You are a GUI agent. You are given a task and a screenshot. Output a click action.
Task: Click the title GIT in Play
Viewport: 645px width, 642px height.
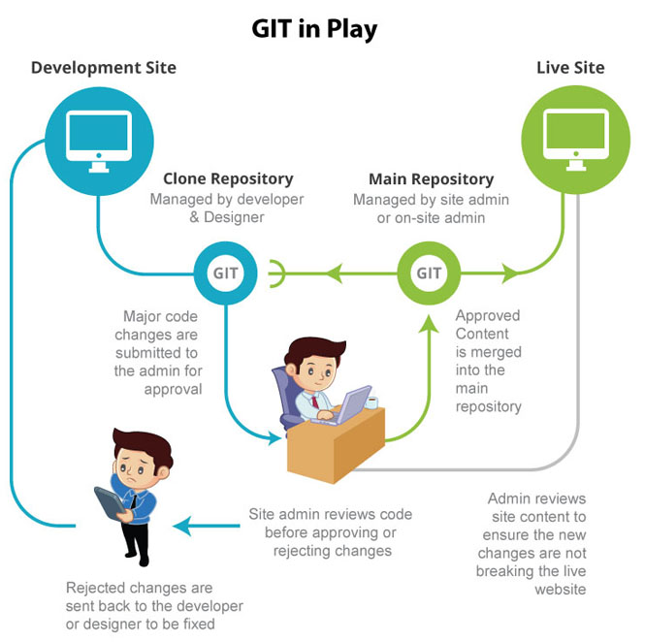pyautogui.click(x=314, y=30)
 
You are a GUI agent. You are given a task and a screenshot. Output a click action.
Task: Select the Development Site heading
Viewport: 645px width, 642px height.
pyautogui.click(x=104, y=68)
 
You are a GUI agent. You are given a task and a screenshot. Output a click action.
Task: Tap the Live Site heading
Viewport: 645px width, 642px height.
pyautogui.click(x=570, y=68)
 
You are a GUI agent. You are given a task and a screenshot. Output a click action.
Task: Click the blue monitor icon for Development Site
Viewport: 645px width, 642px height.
pyautogui.click(x=99, y=141)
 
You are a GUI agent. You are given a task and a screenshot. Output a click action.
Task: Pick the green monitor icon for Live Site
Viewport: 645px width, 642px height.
pyautogui.click(x=575, y=140)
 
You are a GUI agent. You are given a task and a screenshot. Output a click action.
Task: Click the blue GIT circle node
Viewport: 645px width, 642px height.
pyautogui.click(x=225, y=273)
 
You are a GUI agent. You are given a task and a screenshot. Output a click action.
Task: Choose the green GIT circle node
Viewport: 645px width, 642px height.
pyautogui.click(x=429, y=273)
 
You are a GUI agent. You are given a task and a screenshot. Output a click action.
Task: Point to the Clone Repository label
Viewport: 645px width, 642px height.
pyautogui.click(x=228, y=178)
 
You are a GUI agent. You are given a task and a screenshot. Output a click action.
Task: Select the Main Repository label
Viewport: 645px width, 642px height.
pyautogui.click(x=431, y=179)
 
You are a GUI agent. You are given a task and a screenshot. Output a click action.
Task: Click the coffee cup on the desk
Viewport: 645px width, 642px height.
pyautogui.click(x=371, y=402)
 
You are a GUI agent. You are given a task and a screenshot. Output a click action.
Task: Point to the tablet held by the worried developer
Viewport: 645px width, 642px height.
pyautogui.click(x=110, y=503)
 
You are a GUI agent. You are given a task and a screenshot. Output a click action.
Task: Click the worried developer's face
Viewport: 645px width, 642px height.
pyautogui.click(x=136, y=468)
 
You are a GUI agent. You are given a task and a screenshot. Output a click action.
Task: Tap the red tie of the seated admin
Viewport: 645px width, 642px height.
pyautogui.click(x=315, y=401)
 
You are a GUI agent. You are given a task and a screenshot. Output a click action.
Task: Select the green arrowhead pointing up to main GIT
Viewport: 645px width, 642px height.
pyautogui.click(x=429, y=324)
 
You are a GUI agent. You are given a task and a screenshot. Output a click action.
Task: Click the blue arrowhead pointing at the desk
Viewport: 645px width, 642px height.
pyautogui.click(x=274, y=438)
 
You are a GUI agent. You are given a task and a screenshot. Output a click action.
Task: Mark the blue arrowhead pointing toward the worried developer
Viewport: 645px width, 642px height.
pyautogui.click(x=182, y=526)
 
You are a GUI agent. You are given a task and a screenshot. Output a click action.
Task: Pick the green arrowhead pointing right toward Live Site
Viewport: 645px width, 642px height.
pyautogui.click(x=511, y=273)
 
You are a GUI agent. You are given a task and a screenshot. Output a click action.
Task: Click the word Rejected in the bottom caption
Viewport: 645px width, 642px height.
pyautogui.click(x=95, y=588)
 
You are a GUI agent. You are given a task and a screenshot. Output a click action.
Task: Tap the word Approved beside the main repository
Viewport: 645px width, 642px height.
pyautogui.click(x=488, y=316)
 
